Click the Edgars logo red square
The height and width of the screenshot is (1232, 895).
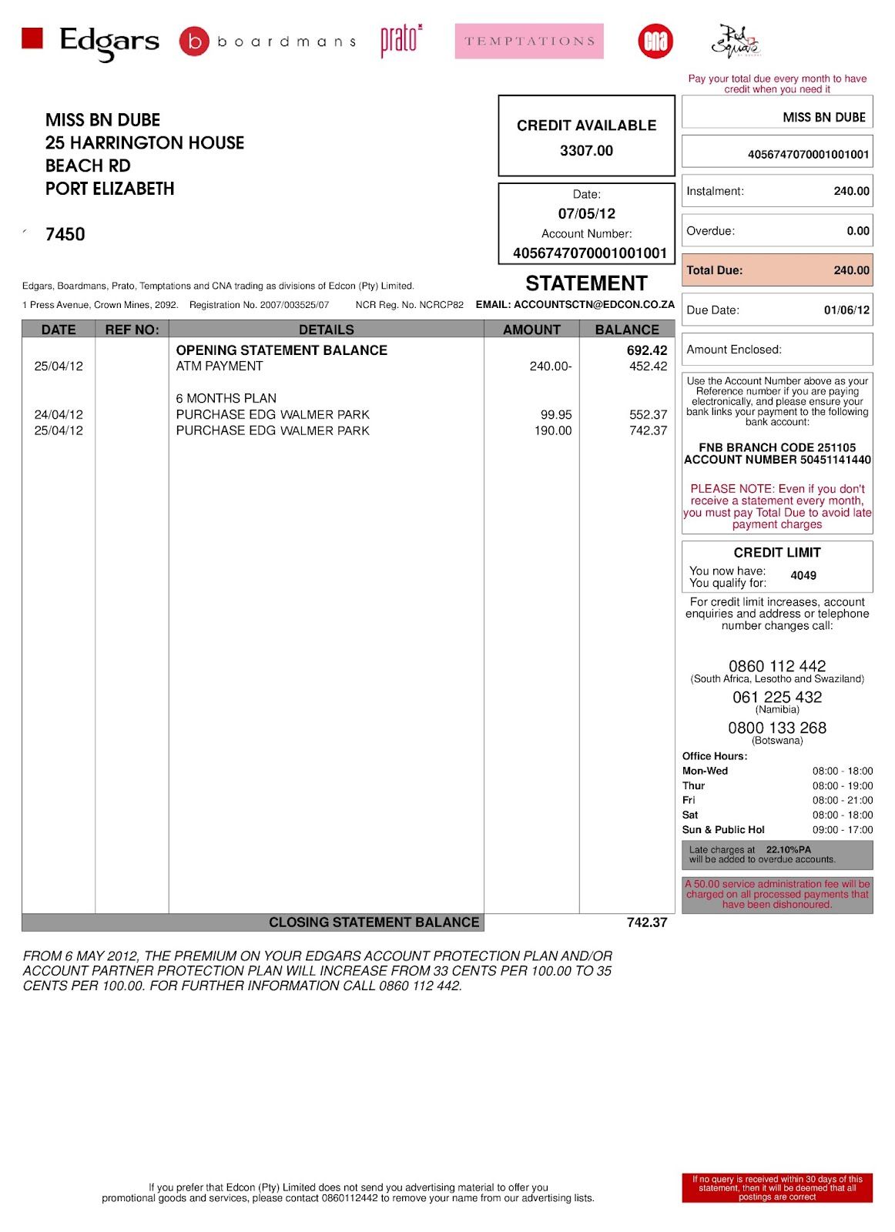point(32,38)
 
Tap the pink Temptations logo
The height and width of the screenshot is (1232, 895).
point(529,42)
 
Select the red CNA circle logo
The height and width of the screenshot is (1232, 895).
point(655,42)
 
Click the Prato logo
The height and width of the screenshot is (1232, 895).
point(401,40)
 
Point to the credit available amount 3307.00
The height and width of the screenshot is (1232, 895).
point(586,151)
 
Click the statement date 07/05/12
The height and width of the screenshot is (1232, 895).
point(586,214)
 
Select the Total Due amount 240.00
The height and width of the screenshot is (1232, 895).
point(851,270)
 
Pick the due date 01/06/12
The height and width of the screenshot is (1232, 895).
point(846,310)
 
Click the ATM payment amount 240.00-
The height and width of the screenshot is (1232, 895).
point(550,367)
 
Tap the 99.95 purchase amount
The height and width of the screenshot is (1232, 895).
point(555,414)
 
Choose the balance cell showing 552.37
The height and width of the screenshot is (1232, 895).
point(648,414)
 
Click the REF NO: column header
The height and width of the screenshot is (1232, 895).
point(132,330)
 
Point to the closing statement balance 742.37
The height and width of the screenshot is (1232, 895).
point(646,922)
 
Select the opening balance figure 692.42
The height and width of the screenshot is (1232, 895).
point(646,350)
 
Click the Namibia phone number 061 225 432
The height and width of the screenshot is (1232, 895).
point(776,697)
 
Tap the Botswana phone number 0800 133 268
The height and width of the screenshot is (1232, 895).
point(776,728)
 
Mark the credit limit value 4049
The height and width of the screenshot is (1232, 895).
point(803,575)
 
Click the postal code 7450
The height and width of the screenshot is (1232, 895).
point(65,235)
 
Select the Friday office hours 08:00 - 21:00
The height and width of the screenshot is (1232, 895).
point(842,800)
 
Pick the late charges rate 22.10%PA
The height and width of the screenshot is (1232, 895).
point(788,850)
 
